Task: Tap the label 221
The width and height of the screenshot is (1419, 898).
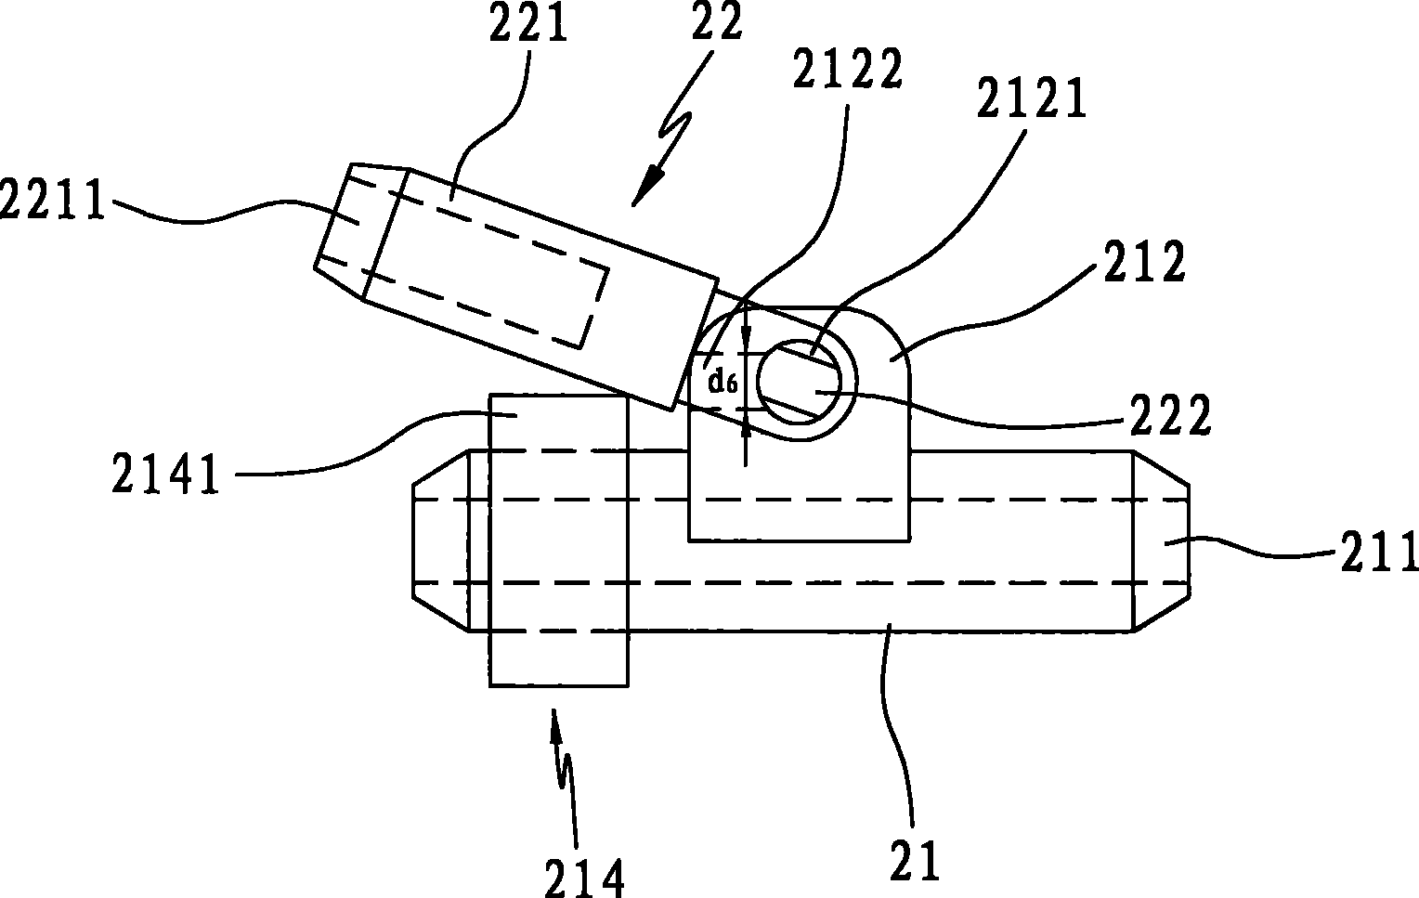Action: tap(527, 25)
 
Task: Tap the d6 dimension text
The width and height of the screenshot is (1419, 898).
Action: tap(723, 381)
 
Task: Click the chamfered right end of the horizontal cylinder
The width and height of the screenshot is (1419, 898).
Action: tap(1161, 540)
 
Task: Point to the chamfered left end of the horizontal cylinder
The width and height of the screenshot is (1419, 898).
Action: tap(440, 541)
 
